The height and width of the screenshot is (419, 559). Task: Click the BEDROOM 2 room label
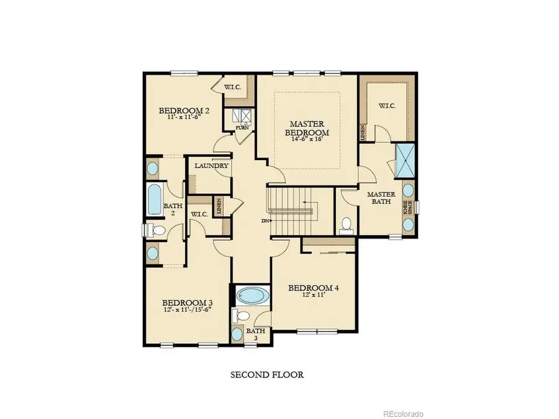coord(184,111)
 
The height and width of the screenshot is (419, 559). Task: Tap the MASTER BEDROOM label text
coord(307,127)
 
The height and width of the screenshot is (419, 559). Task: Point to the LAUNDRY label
coord(210,166)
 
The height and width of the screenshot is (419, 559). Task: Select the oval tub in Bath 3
coord(252,295)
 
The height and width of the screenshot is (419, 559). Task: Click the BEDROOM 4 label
coord(314,289)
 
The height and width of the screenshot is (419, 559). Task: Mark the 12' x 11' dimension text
coord(314,297)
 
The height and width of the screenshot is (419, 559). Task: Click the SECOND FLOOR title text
coord(267,375)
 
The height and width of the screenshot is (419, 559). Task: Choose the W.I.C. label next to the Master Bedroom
coord(388,106)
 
